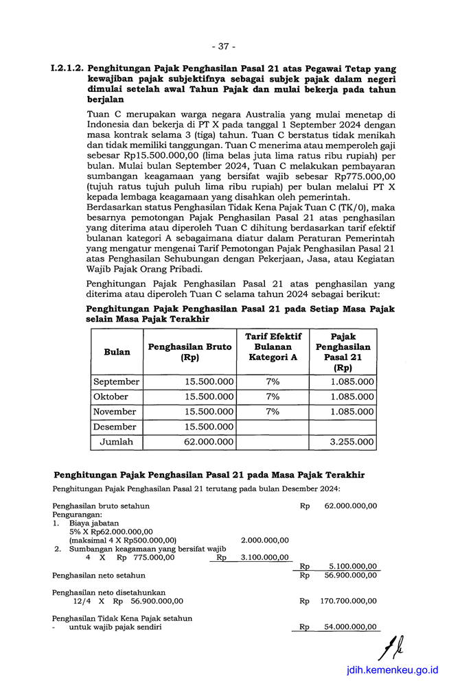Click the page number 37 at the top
224,47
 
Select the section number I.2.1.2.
67,69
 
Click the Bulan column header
117,352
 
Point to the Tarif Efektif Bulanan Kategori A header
273,346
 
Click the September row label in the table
117,382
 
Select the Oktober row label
111,397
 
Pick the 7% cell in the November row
273,412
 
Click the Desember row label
115,427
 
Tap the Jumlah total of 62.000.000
209,442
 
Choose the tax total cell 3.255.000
352,442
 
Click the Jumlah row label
117,442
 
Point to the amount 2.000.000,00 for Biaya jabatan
265,540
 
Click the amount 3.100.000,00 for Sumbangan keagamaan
265,558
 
